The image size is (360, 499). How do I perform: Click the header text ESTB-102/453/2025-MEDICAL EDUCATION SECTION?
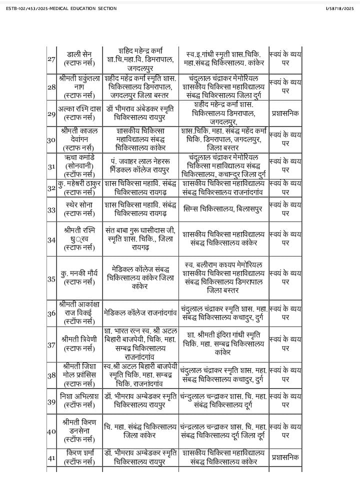61,8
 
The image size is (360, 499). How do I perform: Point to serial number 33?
51,209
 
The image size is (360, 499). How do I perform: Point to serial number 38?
51,374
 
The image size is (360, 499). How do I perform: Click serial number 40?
51,430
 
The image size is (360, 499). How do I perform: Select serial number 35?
51,278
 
